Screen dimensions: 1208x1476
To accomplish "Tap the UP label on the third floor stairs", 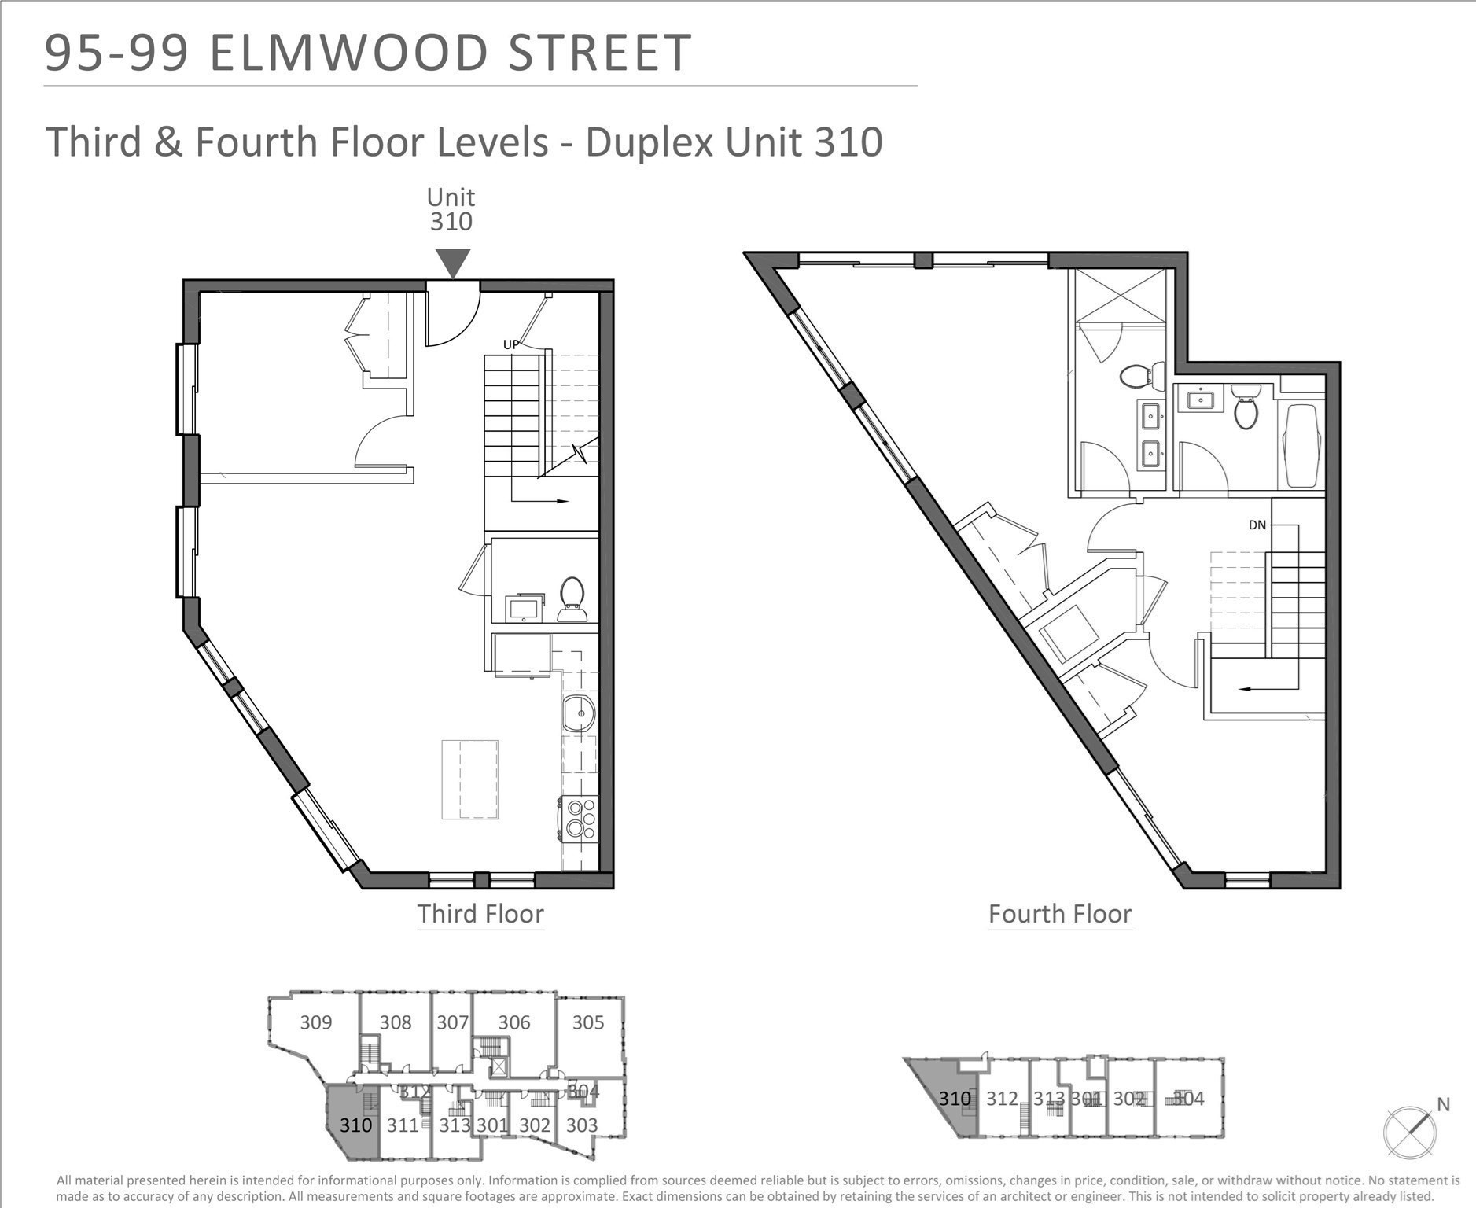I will click(511, 344).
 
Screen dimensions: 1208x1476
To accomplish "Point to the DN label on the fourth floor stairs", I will click(1257, 525).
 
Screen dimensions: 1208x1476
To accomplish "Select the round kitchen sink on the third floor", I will click(579, 714).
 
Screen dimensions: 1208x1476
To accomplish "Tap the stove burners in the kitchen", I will click(580, 817).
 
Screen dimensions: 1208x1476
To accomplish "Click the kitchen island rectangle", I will click(469, 779).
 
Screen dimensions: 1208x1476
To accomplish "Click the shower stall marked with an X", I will click(1121, 295).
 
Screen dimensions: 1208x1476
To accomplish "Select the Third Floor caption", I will click(480, 914).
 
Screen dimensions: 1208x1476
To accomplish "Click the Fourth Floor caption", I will click(1059, 914).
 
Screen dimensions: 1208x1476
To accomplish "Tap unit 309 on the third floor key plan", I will click(316, 1022).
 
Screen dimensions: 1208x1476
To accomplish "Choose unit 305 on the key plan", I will click(587, 1022).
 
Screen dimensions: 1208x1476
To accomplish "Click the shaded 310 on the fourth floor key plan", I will click(955, 1099).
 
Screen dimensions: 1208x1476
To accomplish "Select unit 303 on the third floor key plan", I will click(582, 1125).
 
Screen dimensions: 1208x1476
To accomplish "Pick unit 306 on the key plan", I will click(513, 1022).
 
